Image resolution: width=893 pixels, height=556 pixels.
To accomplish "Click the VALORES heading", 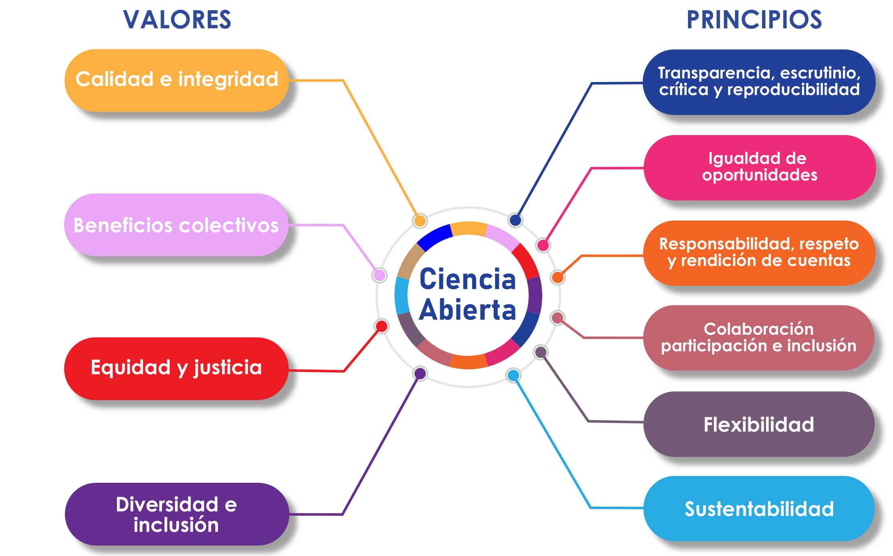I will click(177, 20).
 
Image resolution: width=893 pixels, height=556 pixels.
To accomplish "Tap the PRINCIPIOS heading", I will click(754, 20).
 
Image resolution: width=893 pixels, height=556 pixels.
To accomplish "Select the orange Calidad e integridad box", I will click(177, 80).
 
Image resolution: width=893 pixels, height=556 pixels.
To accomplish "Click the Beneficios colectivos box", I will click(176, 225).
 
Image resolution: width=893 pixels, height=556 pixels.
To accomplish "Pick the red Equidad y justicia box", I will click(176, 368).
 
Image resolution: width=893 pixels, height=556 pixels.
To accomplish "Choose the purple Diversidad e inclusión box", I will click(177, 514).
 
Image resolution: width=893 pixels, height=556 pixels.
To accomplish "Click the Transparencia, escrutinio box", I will click(759, 82).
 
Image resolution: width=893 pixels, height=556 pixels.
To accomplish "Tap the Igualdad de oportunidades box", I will click(759, 167).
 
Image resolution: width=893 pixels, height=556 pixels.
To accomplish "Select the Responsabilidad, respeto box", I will click(759, 253).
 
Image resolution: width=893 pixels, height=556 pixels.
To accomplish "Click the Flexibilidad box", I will click(759, 424).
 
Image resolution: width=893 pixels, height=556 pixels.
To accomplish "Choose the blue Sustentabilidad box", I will click(759, 509).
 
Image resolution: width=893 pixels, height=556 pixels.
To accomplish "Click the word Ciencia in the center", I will click(468, 279).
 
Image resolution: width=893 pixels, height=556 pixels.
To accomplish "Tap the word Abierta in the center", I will click(468, 310).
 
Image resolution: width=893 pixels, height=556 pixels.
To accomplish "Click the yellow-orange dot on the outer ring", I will click(420, 221).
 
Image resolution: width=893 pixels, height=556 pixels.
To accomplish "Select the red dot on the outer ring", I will click(382, 326).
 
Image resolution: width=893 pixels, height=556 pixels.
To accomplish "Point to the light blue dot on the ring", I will click(513, 375).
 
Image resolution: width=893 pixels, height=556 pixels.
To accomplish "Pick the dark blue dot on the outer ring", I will click(515, 220).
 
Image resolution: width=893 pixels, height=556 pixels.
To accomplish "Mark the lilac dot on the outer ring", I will click(379, 275).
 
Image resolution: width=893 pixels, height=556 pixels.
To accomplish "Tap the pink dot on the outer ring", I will click(543, 245).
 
